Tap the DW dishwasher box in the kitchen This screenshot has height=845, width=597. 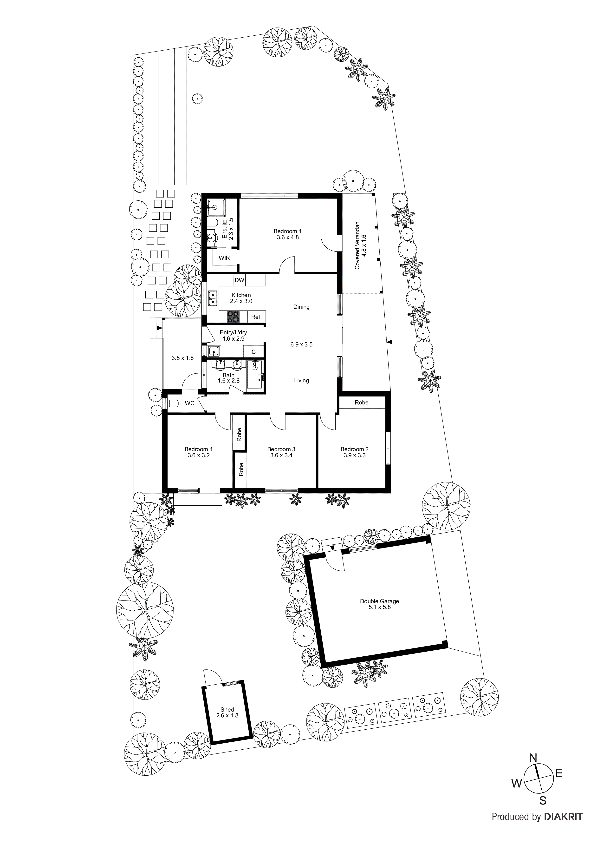pyautogui.click(x=240, y=280)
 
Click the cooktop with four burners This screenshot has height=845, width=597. pyautogui.click(x=233, y=316)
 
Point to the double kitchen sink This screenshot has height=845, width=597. pyautogui.click(x=213, y=298)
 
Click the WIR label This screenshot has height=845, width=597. pyautogui.click(x=224, y=258)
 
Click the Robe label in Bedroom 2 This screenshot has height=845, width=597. pyautogui.click(x=361, y=402)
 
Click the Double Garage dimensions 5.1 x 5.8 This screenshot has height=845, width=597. pyautogui.click(x=379, y=607)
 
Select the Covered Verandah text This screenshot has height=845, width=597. pyautogui.click(x=357, y=245)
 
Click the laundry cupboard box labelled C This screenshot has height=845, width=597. pyautogui.click(x=253, y=352)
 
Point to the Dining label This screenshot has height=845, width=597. pyautogui.click(x=301, y=307)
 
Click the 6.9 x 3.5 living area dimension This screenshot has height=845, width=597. pyautogui.click(x=301, y=344)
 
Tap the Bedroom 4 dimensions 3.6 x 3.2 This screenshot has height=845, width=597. pyautogui.click(x=199, y=455)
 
